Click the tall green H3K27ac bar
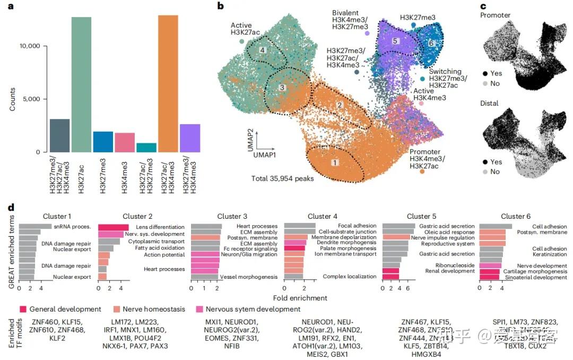coord(81,85)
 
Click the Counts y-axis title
coord(12,99)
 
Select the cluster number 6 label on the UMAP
coord(431,42)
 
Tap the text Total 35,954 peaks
coord(283,178)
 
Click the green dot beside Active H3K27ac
coord(241,41)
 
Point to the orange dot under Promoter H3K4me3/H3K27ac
coord(422,171)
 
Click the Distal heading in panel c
coord(489,103)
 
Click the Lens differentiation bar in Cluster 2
coord(113,227)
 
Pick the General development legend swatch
coord(22,309)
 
